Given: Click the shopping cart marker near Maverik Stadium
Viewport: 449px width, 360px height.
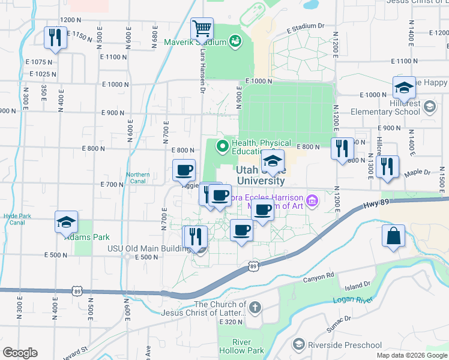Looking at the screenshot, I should tap(202, 28).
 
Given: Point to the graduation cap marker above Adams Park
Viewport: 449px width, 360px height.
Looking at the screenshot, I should tap(65, 222).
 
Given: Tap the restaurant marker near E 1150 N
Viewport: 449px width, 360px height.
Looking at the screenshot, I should tap(55, 38).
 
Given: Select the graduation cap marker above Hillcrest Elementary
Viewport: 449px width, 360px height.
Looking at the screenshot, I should tap(404, 87).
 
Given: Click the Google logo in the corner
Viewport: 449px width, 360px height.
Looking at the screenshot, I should tap(20, 353).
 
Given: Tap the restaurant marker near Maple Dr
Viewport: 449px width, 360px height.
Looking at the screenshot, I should tap(389, 167).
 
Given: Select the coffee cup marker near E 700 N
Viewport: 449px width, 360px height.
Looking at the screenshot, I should tap(184, 170).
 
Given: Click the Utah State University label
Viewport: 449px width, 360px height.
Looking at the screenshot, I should tap(260, 175).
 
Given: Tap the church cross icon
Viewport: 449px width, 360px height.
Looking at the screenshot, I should tap(255, 308).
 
